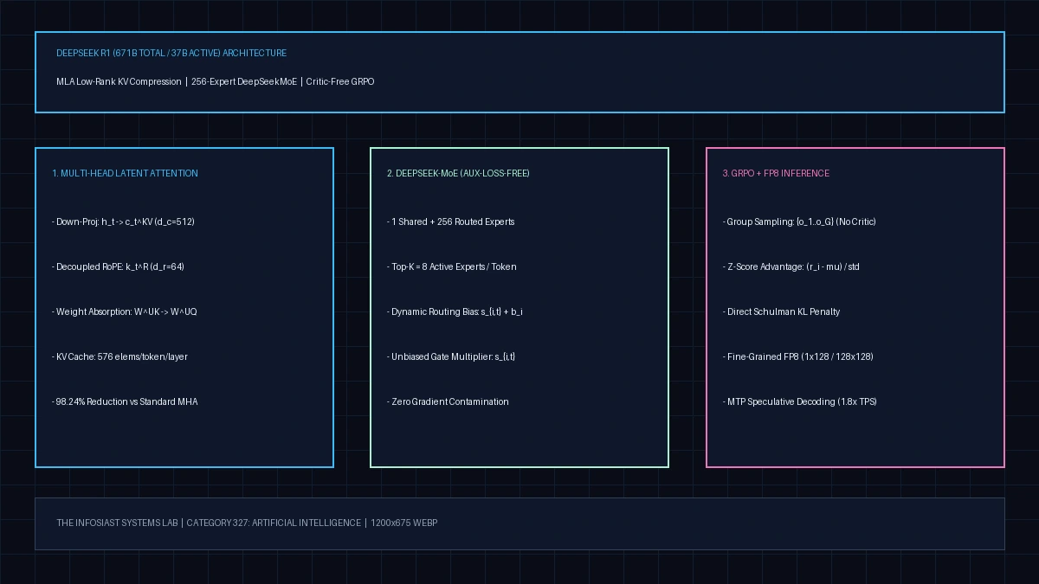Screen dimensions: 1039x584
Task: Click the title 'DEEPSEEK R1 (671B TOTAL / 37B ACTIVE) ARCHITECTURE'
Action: [x=171, y=54]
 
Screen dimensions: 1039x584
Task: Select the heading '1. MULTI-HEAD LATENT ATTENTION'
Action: [x=125, y=173]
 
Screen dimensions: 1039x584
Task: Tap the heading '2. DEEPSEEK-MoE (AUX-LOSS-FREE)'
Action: [x=458, y=173]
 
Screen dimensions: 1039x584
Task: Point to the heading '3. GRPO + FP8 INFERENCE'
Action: [x=776, y=173]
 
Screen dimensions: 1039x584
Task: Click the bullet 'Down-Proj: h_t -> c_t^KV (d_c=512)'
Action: [x=123, y=221]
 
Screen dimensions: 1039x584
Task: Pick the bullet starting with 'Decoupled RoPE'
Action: [x=119, y=266]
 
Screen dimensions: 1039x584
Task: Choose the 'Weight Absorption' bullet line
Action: [x=125, y=311]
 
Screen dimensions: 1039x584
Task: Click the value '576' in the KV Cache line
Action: [x=105, y=356]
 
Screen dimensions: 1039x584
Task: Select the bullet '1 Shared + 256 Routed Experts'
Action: [x=451, y=221]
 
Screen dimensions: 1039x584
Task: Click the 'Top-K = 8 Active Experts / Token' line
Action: [x=452, y=266]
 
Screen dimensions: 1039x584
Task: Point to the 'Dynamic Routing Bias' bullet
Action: [x=455, y=311]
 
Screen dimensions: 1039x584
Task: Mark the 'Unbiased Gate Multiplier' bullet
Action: [x=451, y=356]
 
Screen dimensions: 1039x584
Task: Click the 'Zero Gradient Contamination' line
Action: [x=448, y=401]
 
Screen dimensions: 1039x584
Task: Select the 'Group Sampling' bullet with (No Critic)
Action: [x=799, y=221]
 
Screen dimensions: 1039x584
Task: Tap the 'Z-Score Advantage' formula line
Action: [x=791, y=266]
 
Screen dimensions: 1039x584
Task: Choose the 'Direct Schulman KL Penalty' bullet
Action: [x=781, y=311]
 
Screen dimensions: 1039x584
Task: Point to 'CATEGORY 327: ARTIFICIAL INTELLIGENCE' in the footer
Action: [x=274, y=523]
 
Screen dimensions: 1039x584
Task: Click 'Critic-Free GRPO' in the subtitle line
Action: [x=340, y=81]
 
